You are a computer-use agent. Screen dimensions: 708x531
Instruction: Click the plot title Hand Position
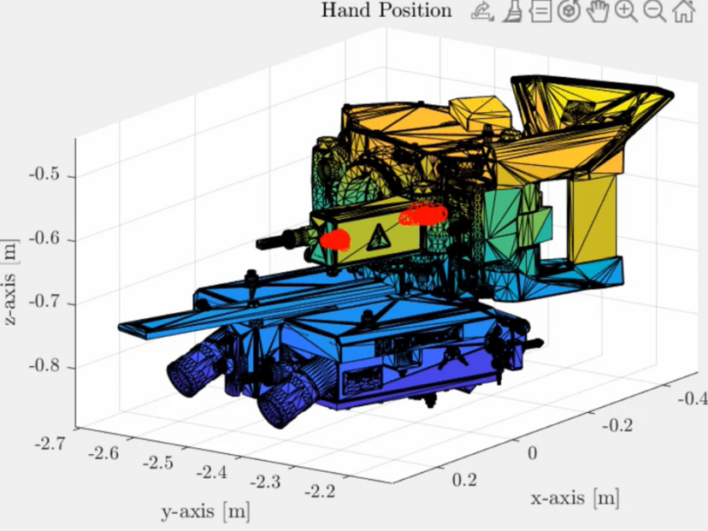[386, 10]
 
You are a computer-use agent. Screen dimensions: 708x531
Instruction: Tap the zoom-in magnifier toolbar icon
[626, 11]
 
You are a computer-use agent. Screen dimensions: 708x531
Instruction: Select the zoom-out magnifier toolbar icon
[655, 11]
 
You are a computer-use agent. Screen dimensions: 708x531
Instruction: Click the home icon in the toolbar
[683, 11]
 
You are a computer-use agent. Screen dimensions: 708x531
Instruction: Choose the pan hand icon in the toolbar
[598, 11]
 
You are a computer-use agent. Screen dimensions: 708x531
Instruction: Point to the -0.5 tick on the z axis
[44, 174]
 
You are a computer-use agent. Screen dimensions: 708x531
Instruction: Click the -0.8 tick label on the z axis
[44, 365]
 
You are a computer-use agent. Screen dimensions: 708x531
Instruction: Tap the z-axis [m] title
[10, 283]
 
